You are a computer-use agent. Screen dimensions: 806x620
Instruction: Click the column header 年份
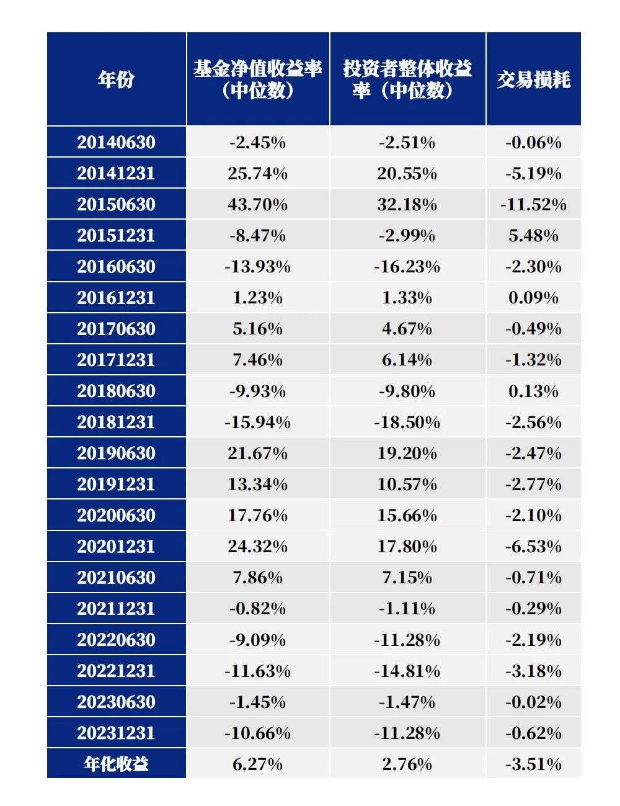click(x=116, y=79)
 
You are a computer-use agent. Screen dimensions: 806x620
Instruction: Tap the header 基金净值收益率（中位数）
click(x=257, y=79)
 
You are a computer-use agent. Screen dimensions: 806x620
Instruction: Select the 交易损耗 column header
click(x=533, y=79)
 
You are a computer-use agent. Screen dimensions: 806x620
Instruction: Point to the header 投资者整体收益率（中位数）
click(x=407, y=79)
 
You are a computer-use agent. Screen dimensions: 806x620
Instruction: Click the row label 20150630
click(x=116, y=205)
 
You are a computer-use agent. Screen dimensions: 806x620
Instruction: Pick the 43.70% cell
click(x=257, y=205)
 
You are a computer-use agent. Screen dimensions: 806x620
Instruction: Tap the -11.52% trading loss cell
click(x=533, y=205)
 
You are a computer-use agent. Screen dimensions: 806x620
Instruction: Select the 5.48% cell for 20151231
click(x=533, y=236)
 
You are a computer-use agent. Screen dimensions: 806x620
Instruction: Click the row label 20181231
click(x=116, y=423)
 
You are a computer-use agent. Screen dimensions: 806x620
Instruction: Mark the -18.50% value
click(x=407, y=423)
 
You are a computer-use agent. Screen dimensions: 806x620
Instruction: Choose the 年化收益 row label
click(x=116, y=764)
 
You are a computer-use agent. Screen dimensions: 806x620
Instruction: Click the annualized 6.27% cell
click(x=257, y=764)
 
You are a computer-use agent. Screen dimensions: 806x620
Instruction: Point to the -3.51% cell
click(x=533, y=764)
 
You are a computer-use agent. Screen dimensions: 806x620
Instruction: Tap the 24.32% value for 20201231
click(x=257, y=547)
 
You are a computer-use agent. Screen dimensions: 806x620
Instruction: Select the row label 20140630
click(x=116, y=143)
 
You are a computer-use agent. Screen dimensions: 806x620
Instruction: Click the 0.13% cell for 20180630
click(x=533, y=392)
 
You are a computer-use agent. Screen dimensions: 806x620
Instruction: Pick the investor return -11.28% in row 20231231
click(x=407, y=733)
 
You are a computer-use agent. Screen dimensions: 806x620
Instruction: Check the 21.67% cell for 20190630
click(x=257, y=454)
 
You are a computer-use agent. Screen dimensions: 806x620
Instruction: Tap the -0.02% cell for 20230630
click(x=533, y=702)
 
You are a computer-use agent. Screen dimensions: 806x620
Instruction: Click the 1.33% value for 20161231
click(x=407, y=298)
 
